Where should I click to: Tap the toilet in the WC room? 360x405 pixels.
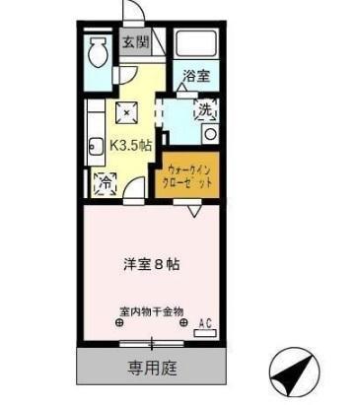point(98,51)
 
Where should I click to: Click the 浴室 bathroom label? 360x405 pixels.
point(195,76)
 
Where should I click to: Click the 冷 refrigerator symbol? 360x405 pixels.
point(104,180)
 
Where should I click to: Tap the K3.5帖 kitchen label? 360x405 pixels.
point(132,144)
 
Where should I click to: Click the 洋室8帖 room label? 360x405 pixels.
point(150,263)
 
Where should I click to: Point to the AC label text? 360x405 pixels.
point(206,321)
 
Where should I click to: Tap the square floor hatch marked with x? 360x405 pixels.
point(126,110)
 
